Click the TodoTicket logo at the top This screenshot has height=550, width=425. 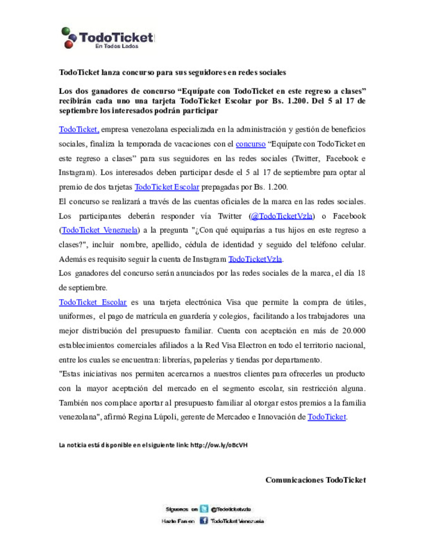pos(108,38)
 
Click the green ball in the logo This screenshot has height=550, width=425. pos(65,31)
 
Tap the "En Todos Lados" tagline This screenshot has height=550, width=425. pos(116,46)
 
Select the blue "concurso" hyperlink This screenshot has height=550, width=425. pos(250,144)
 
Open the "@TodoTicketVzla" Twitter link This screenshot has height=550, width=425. pos(282,216)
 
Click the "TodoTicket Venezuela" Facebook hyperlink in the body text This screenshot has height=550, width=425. pos(100,230)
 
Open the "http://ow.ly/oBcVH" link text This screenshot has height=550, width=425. pos(219,445)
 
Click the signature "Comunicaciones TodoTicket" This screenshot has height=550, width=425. pos(316,480)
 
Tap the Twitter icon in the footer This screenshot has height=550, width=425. pos(204,509)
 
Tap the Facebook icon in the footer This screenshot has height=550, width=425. pos(203,520)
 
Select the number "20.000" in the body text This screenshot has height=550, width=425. pos(353,331)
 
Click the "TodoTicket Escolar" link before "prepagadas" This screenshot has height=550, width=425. pos(167,187)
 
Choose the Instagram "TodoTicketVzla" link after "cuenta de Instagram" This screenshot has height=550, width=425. pos(255,259)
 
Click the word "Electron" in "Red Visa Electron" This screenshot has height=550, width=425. pos(252,345)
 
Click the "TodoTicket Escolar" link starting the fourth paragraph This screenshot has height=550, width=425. pos(92,302)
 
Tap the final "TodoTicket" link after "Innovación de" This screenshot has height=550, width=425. pos(327,417)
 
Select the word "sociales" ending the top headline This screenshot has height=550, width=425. pos(273,72)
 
